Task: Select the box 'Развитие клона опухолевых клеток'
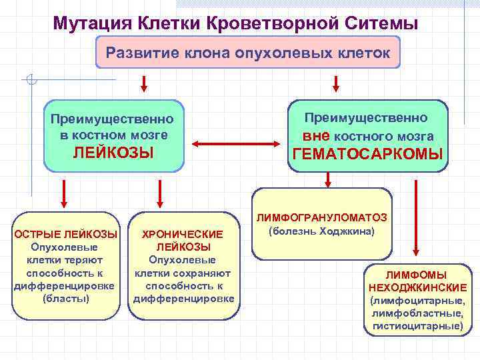248,52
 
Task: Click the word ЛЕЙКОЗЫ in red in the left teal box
113,153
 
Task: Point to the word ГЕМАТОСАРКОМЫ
367,155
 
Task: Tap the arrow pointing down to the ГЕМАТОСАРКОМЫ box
336,83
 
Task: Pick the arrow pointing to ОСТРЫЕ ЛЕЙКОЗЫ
63,193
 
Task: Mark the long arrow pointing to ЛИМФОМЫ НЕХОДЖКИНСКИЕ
415,220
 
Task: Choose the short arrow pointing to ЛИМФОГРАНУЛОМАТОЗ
328,178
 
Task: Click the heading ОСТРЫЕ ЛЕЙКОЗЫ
66,235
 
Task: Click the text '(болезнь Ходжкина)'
321,231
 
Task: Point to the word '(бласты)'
66,298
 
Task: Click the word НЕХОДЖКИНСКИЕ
417,288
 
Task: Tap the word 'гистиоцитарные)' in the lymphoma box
417,326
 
